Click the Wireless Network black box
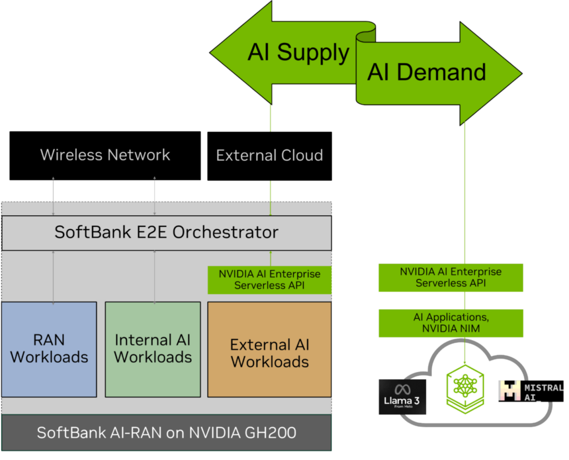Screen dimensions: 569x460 point(105,156)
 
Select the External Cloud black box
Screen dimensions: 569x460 point(269,156)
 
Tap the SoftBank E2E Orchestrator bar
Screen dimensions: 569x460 point(167,233)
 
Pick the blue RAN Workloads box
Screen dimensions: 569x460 point(49,349)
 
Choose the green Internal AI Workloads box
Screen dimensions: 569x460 point(153,349)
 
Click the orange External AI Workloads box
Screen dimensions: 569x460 point(269,349)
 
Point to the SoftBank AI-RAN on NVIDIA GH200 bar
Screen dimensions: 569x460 point(167,432)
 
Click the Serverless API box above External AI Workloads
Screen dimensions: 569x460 point(269,280)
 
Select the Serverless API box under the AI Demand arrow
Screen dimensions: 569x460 point(451,278)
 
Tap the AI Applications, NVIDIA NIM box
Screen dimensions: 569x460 point(451,323)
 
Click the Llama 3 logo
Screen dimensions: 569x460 point(402,397)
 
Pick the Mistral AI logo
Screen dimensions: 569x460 point(531,391)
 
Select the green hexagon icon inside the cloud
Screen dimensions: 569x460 point(465,389)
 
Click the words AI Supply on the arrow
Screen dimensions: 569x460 point(298,52)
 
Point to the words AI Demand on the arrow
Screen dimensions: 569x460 point(426,72)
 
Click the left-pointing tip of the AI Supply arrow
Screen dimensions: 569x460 point(210,53)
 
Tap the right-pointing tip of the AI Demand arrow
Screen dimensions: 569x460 point(522,73)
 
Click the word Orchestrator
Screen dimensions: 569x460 point(226,232)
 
